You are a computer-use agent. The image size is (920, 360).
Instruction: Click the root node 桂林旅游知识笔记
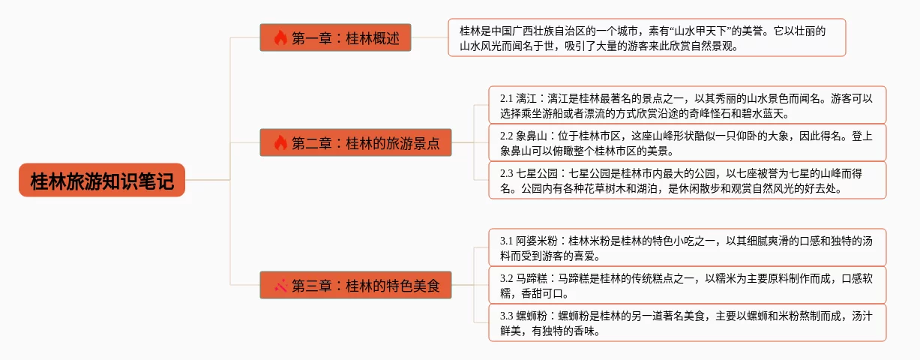101,180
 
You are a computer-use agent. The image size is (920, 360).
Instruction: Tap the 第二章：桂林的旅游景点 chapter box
355,142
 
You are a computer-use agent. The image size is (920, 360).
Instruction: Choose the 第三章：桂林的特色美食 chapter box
355,285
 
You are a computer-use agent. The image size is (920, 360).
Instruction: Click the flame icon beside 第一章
280,37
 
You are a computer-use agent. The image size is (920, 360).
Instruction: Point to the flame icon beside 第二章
280,142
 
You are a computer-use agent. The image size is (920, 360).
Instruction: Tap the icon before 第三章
280,285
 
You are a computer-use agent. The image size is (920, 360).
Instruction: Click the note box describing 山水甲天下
646,37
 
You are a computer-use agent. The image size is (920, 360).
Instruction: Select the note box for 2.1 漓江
687,105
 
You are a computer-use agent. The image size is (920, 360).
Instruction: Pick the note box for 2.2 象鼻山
687,142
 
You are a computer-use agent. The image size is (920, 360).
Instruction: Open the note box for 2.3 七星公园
687,180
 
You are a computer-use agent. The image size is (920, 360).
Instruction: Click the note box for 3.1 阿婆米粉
687,247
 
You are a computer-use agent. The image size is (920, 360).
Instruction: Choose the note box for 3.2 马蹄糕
687,285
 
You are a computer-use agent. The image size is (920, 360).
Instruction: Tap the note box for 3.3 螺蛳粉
687,322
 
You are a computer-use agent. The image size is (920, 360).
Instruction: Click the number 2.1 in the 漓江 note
506,98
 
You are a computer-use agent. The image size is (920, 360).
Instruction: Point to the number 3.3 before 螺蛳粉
506,316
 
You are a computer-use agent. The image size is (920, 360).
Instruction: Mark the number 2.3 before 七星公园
506,173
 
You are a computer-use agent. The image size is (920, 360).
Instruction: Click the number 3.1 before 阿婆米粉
506,241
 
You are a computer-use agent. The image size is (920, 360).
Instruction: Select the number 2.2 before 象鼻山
506,136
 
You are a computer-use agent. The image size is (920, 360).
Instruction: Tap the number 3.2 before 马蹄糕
506,278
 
